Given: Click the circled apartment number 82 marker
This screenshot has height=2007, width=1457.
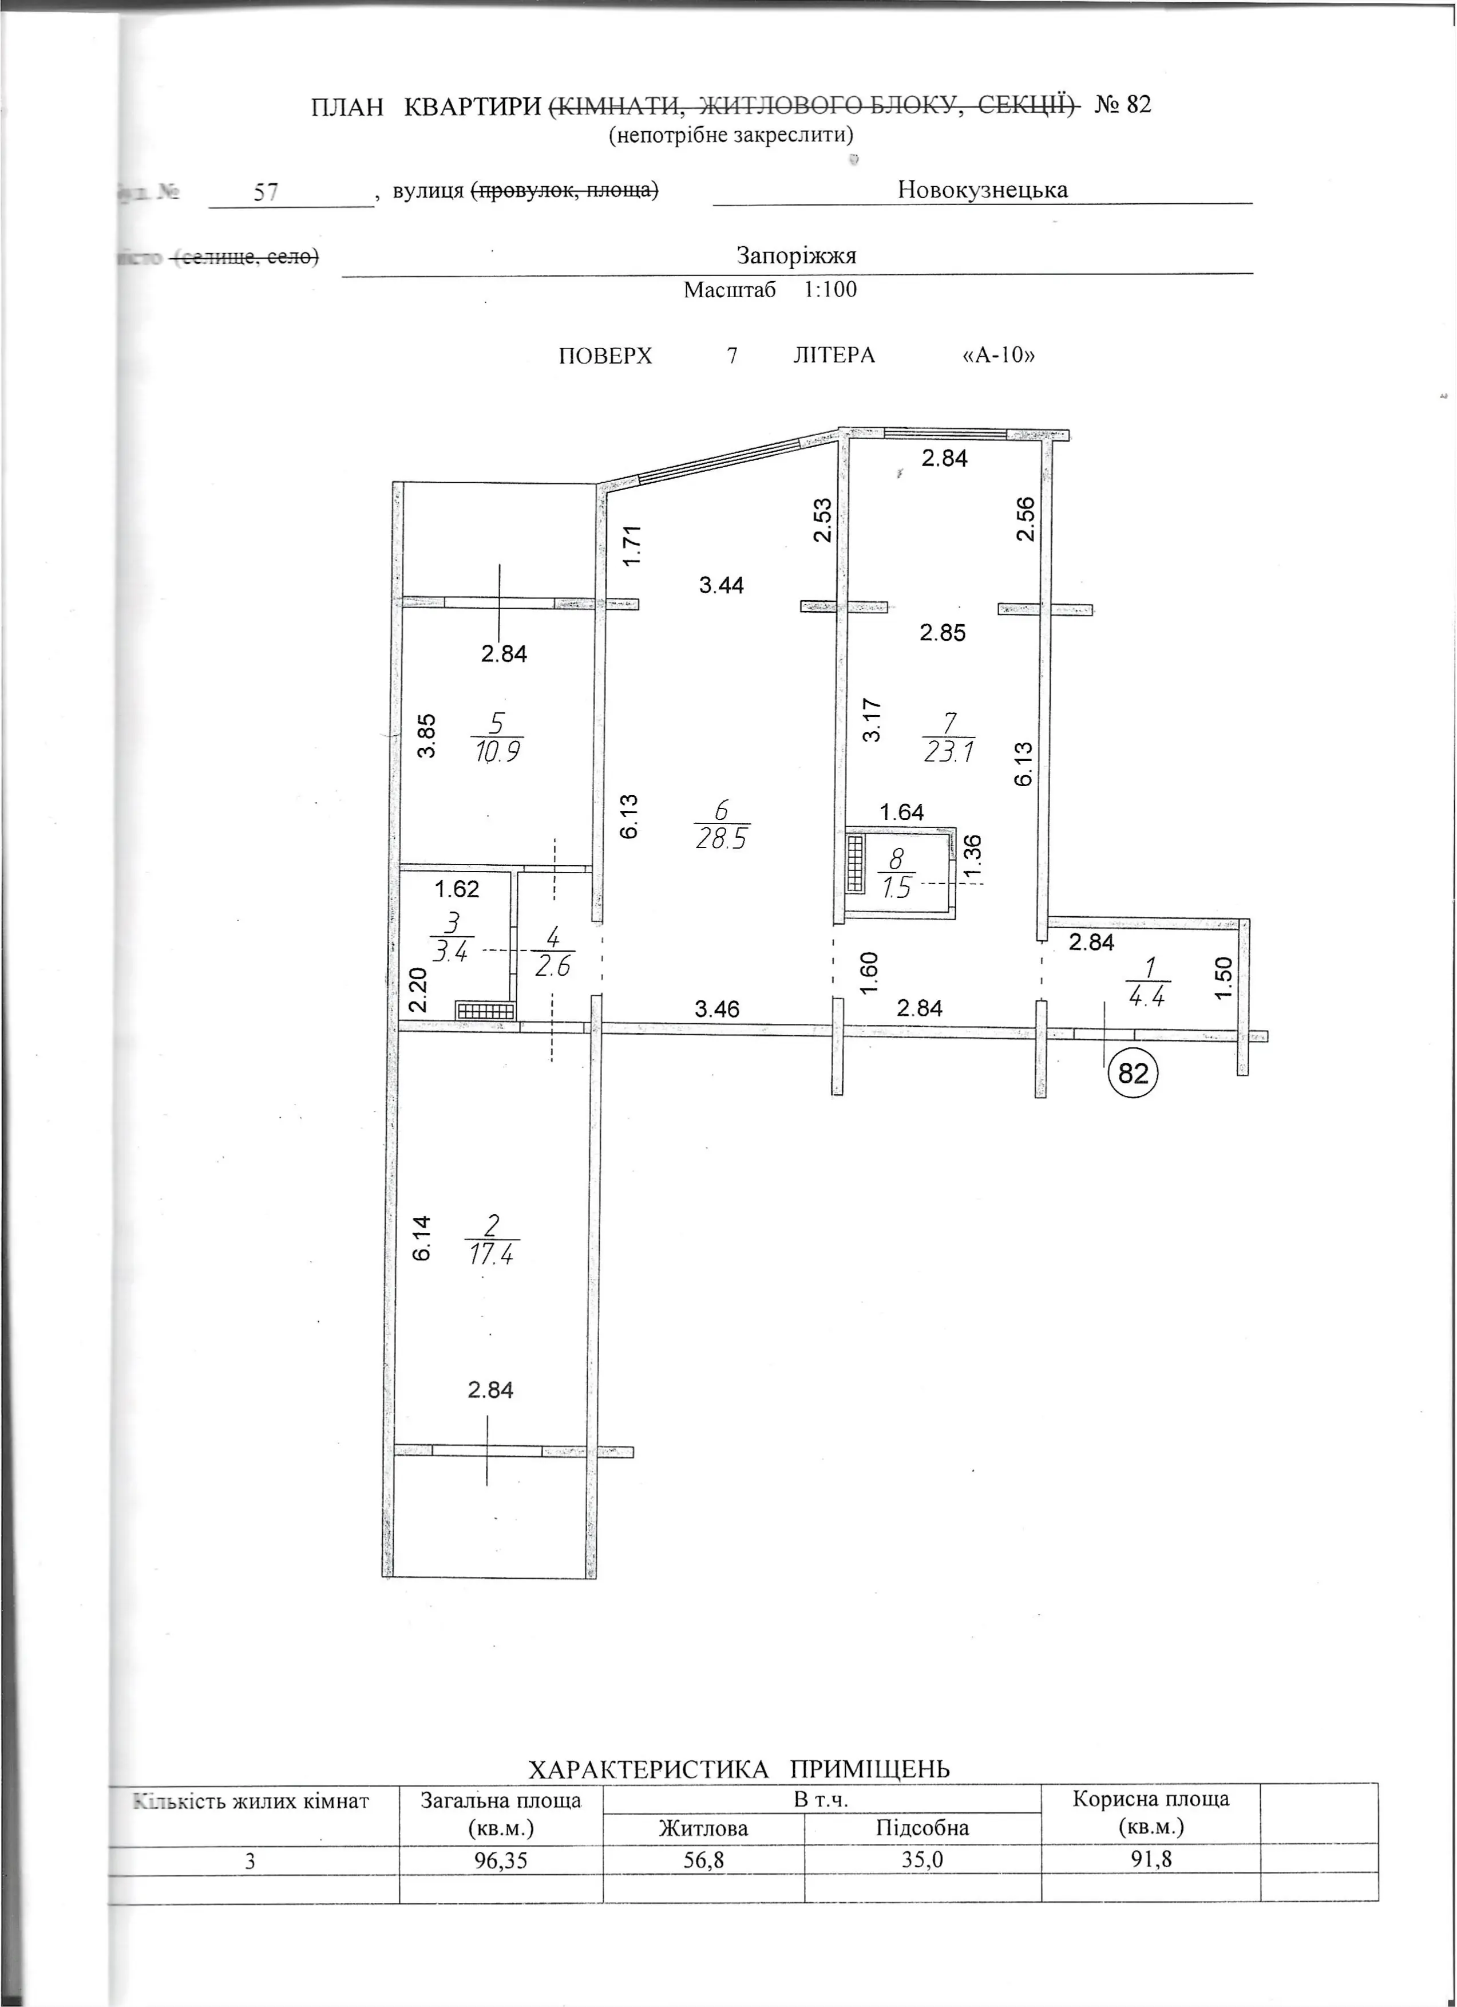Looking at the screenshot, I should (x=1133, y=1072).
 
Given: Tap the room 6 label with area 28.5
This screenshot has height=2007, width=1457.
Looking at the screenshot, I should (x=722, y=824).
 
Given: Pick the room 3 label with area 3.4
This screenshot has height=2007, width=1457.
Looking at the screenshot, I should (x=452, y=938).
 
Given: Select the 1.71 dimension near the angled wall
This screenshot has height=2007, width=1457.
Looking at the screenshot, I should (x=631, y=546).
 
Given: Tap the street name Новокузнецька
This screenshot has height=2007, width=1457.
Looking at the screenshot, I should (x=982, y=190).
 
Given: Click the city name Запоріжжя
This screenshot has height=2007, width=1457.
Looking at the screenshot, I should (x=796, y=256).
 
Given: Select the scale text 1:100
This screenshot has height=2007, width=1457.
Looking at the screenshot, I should (x=830, y=289).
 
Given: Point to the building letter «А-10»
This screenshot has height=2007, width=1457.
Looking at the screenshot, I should (x=998, y=356).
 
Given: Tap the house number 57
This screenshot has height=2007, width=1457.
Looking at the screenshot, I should (x=266, y=192).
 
